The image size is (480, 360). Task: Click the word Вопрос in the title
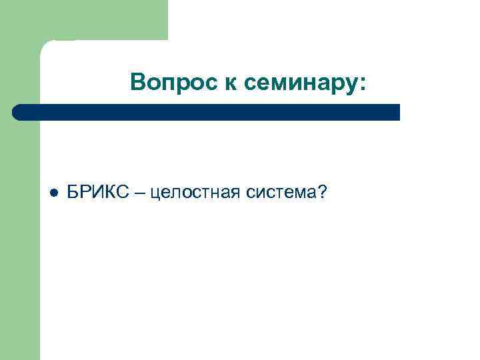[164, 82]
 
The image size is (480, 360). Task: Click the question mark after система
[322, 193]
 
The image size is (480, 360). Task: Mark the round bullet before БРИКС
[53, 193]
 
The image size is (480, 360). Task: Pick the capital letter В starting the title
[138, 82]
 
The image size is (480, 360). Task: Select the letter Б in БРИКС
[73, 193]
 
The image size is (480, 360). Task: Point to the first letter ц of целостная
[155, 194]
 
